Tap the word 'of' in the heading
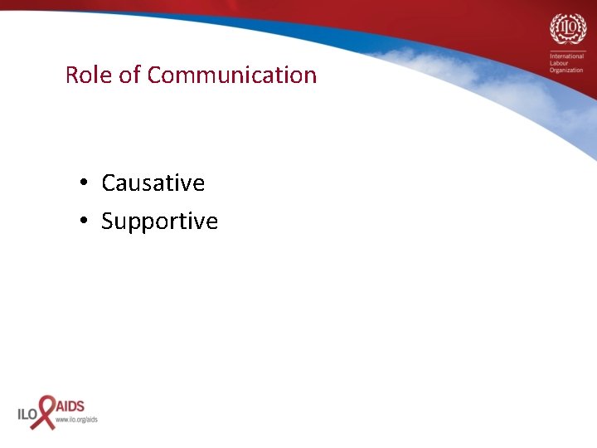[130, 75]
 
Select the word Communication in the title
[232, 75]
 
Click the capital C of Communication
[156, 75]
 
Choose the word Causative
[153, 183]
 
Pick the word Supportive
[159, 222]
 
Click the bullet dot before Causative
[85, 183]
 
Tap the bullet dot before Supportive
[85, 222]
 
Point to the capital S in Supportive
[108, 222]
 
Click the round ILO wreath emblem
[567, 30]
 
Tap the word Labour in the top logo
[561, 64]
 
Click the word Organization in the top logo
[566, 71]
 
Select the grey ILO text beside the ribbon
[27, 413]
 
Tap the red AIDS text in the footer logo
[70, 407]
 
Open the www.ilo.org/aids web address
[76, 420]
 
